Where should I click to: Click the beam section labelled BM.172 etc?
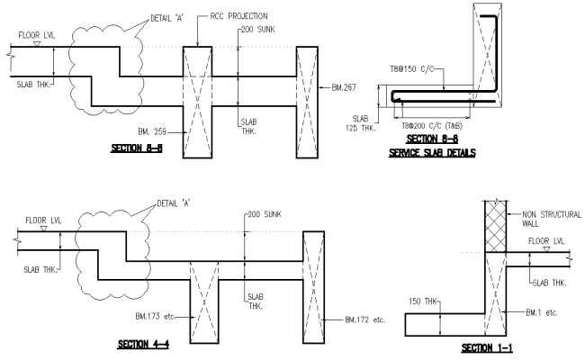point(314,279)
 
